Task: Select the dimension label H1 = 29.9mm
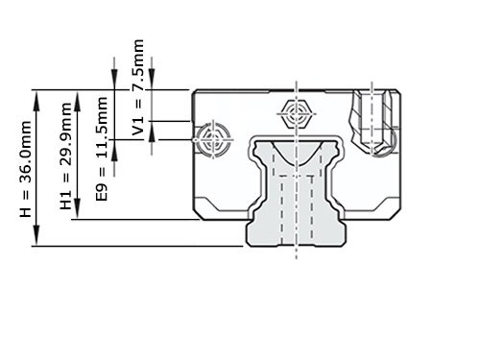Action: tap(66, 165)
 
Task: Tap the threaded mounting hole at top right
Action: tap(376, 121)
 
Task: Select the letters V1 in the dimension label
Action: tap(139, 126)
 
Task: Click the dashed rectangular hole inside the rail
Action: tap(297, 197)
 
